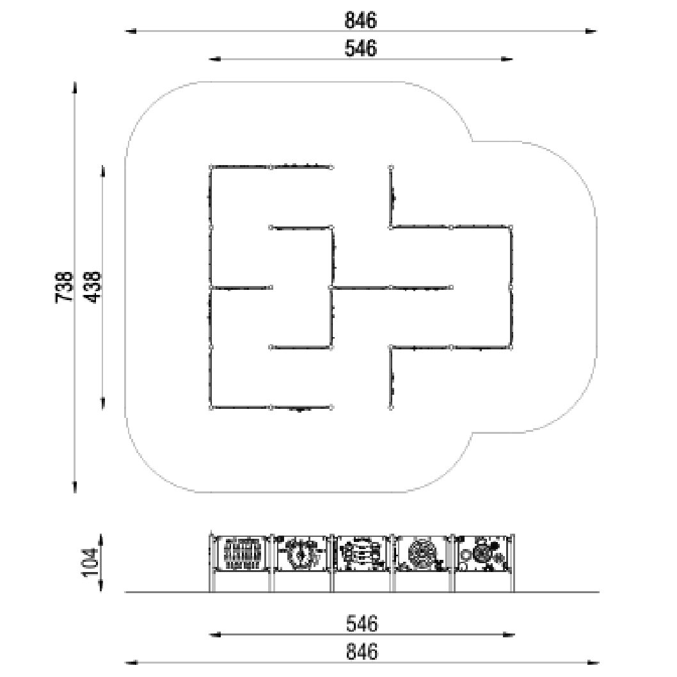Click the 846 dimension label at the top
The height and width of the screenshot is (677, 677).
point(360,20)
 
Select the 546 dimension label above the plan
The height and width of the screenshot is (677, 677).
point(360,48)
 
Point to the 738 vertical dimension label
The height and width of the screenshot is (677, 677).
point(65,287)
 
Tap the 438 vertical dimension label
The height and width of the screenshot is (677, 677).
point(92,287)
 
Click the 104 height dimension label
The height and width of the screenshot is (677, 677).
point(90,562)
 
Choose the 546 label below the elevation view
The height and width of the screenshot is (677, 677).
point(362,623)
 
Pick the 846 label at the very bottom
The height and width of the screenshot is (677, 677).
point(362,651)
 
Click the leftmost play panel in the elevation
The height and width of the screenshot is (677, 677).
point(241,554)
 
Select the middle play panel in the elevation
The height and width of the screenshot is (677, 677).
point(362,554)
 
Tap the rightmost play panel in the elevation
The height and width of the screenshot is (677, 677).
point(482,554)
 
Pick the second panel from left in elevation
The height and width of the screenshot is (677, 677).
point(301,554)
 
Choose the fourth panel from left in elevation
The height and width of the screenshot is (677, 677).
point(422,554)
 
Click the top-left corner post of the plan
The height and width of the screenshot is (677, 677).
point(211,166)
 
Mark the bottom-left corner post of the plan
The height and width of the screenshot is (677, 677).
point(211,407)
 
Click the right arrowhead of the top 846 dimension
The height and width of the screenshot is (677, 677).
point(591,31)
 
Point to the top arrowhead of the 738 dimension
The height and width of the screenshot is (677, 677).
point(75,87)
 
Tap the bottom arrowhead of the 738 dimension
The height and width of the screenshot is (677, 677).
point(75,486)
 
